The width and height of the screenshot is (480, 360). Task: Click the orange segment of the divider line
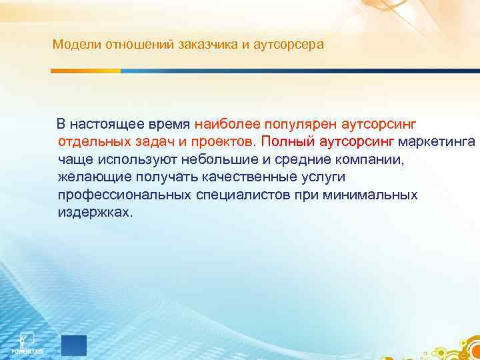click(86, 70)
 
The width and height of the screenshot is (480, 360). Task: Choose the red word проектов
click(219, 142)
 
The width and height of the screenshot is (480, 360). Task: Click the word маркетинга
click(437, 142)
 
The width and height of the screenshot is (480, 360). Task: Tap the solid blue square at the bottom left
click(74, 345)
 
